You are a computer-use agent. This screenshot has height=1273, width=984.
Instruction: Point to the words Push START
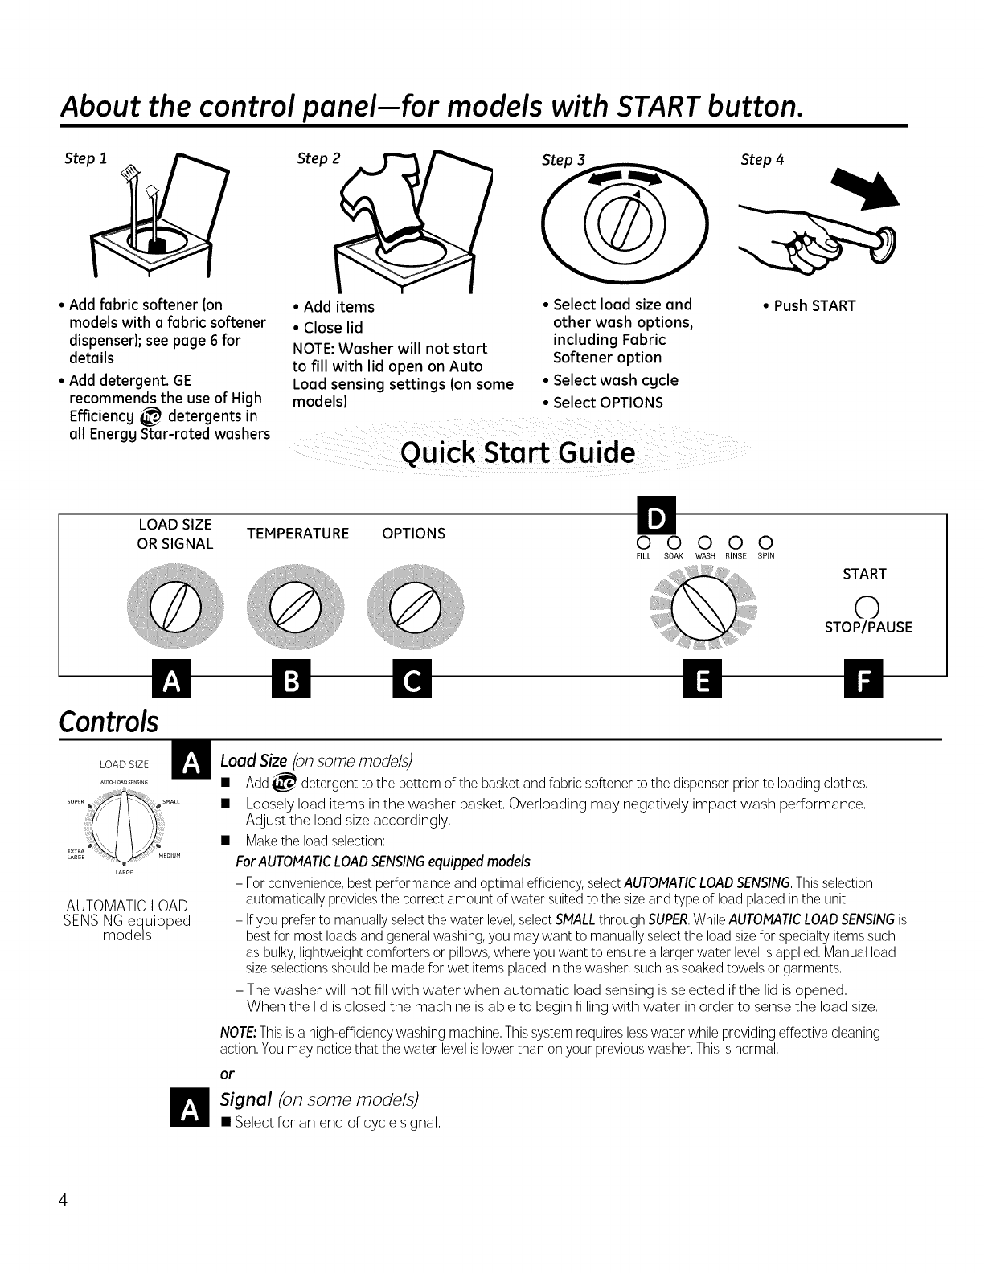coord(814,306)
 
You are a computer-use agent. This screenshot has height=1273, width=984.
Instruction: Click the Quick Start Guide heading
coord(518,453)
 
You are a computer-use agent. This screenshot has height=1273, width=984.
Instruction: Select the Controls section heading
coord(109,720)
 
